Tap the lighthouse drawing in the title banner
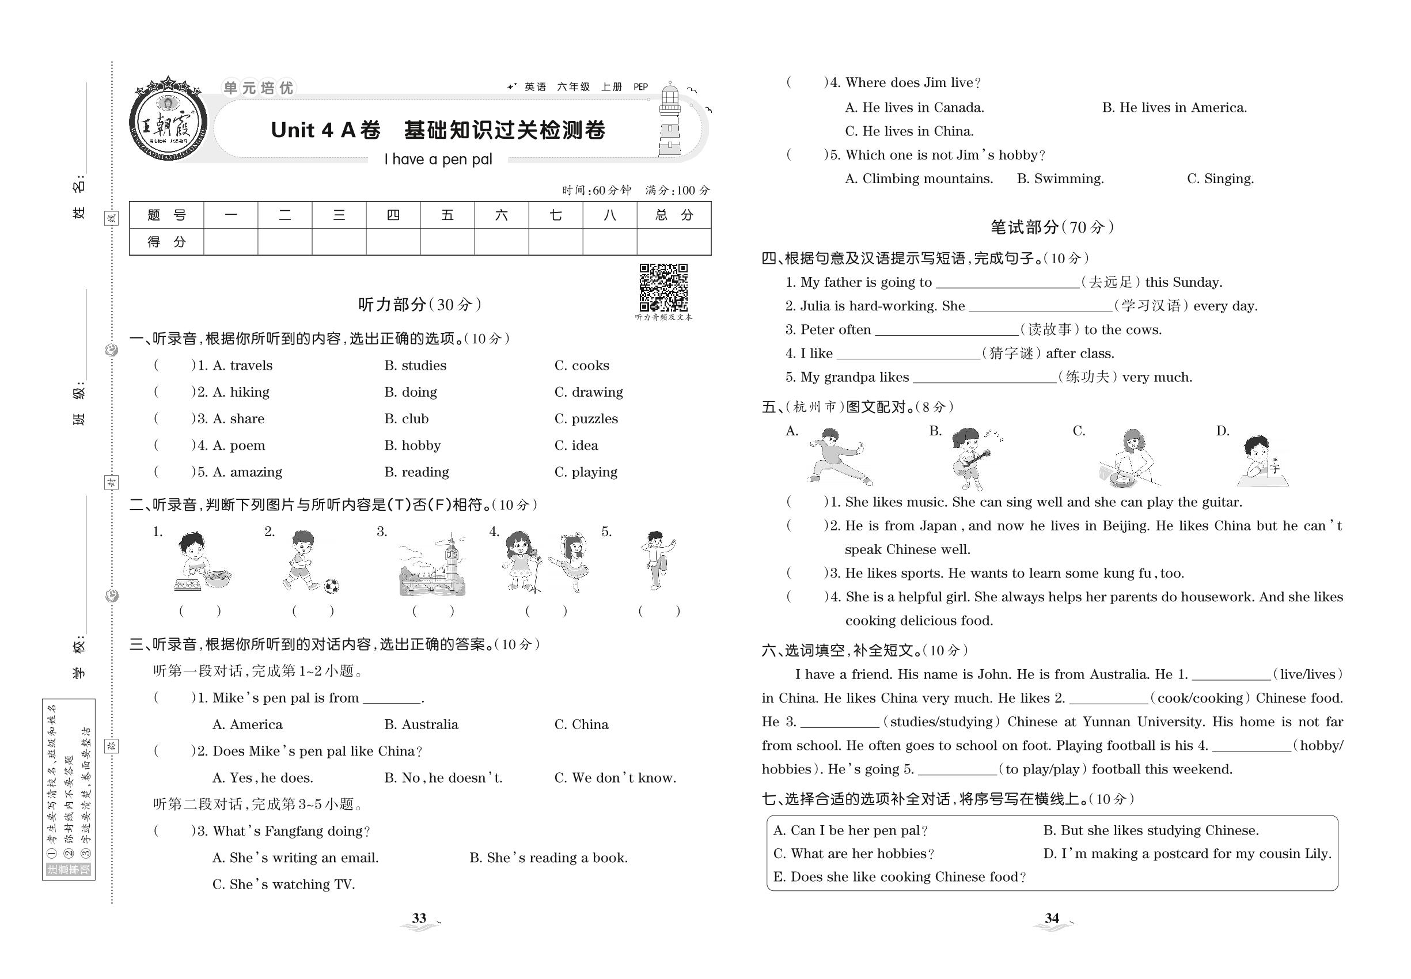670,122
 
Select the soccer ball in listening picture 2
331,586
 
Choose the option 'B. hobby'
412,445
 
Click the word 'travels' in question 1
251,366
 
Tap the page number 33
419,919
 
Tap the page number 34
1052,919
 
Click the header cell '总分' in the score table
674,215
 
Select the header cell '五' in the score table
447,215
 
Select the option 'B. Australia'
421,724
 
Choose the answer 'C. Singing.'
1220,179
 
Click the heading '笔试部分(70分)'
1052,227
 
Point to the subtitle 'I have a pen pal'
438,160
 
